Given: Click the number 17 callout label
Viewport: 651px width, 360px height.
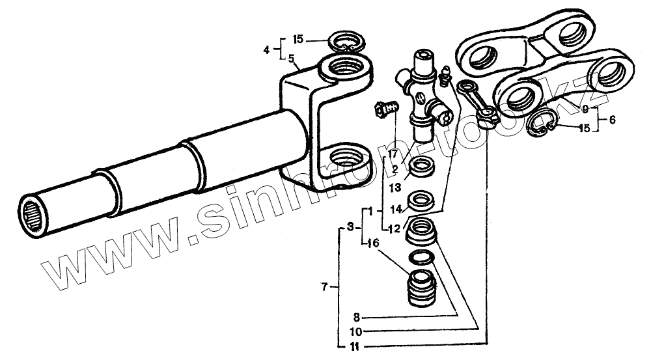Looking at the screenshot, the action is coord(393,154).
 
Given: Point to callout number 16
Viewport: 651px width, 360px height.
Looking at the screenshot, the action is coord(372,243).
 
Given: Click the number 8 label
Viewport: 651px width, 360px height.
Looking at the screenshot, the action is coord(356,318).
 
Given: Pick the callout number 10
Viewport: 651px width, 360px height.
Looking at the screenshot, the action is coord(356,330).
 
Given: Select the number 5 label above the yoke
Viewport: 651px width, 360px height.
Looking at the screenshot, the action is coord(292,58).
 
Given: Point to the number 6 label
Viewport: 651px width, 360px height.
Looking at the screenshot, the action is coord(611,119).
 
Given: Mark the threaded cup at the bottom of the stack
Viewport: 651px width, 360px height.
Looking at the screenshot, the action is coord(422,286).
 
